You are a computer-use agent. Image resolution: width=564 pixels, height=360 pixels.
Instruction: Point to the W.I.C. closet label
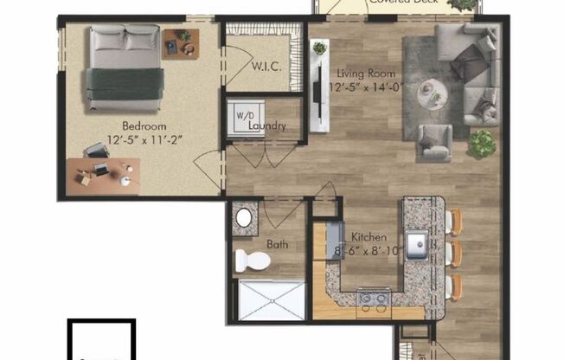point(264,67)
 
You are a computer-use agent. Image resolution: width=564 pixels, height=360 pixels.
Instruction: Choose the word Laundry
point(266,125)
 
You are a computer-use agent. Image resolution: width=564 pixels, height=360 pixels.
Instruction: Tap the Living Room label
point(360,74)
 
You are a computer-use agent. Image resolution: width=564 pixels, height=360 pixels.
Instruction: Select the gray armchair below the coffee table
point(433,142)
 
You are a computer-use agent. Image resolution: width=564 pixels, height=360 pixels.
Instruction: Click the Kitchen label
point(368,236)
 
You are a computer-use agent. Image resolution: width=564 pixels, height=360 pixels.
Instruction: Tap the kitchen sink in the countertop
point(417,246)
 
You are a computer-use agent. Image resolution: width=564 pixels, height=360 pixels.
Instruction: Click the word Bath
point(279,245)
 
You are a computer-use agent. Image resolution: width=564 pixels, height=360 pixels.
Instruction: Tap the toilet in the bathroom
point(251,259)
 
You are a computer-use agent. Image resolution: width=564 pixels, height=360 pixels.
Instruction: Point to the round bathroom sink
point(244,217)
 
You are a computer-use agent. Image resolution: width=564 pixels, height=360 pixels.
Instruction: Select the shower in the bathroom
point(270,299)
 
